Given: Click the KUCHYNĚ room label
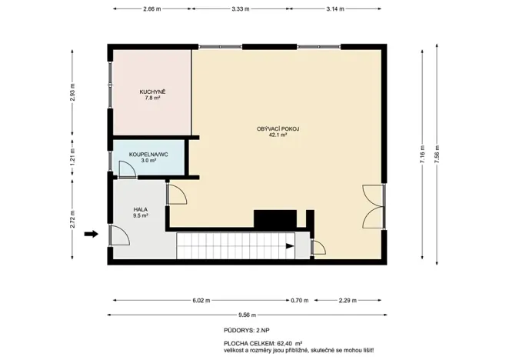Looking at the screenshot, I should (x=152, y=92).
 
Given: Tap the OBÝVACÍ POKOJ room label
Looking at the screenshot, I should (x=278, y=128).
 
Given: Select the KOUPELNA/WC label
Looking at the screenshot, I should (x=148, y=155).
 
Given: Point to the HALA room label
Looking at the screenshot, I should (x=140, y=209).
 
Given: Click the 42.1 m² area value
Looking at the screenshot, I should (x=278, y=135).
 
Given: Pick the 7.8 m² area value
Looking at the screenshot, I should (x=152, y=98).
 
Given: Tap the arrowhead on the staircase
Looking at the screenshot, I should (x=289, y=247).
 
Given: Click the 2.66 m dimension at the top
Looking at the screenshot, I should (x=152, y=8).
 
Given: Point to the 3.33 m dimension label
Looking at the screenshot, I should (x=240, y=8).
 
